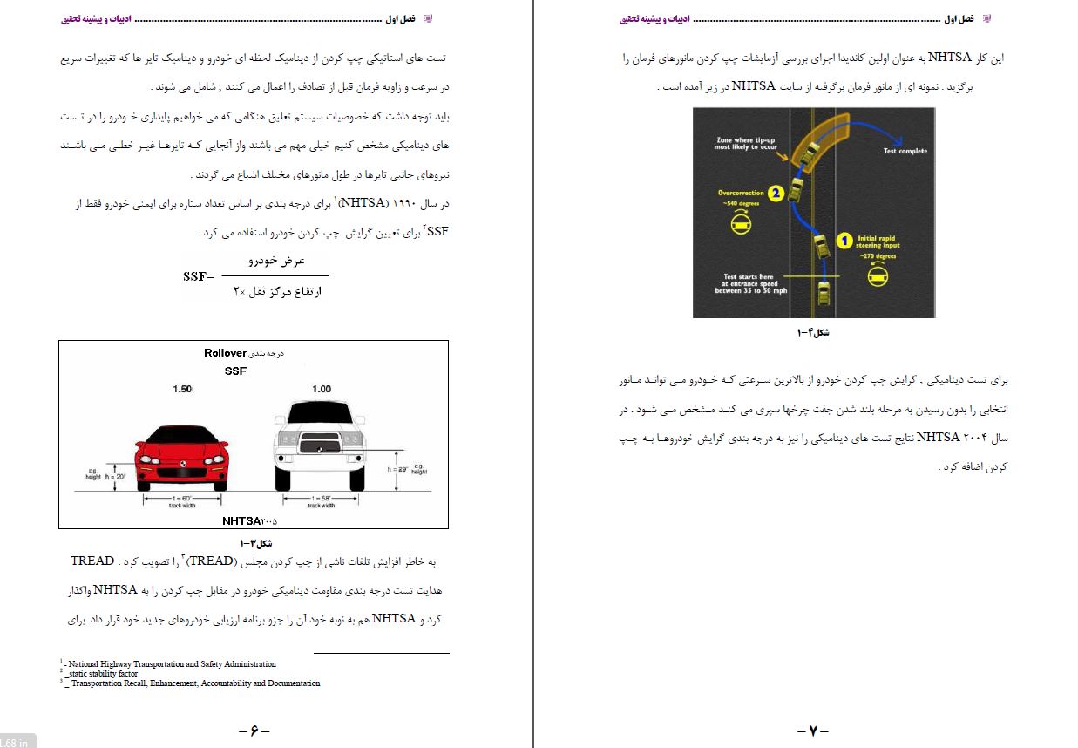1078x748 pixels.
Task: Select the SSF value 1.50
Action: pyautogui.click(x=182, y=389)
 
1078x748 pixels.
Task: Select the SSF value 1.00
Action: pyautogui.click(x=322, y=389)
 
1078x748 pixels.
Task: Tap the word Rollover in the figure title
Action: pyautogui.click(x=225, y=353)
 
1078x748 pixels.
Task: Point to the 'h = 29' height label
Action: pyautogui.click(x=398, y=469)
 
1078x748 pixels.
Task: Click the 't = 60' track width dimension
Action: pyautogui.click(x=182, y=497)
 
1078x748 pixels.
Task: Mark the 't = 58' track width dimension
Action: pyautogui.click(x=322, y=497)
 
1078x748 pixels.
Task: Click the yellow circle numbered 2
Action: pyautogui.click(x=776, y=194)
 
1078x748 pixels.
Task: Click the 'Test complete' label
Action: pyautogui.click(x=905, y=151)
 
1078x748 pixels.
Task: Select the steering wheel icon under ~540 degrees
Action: pyautogui.click(x=739, y=225)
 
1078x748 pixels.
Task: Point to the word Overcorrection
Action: pyautogui.click(x=741, y=193)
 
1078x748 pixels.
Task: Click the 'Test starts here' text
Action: pyautogui.click(x=748, y=277)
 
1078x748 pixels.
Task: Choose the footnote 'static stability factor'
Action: pyautogui.click(x=103, y=674)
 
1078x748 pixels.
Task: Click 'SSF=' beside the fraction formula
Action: pyautogui.click(x=199, y=276)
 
